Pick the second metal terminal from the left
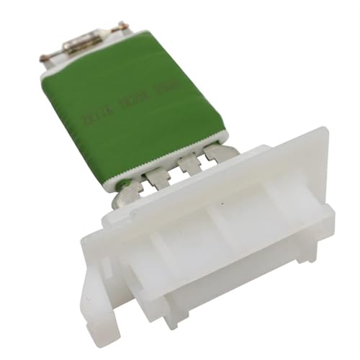157,176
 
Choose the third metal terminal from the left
189,164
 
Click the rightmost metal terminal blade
216,153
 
